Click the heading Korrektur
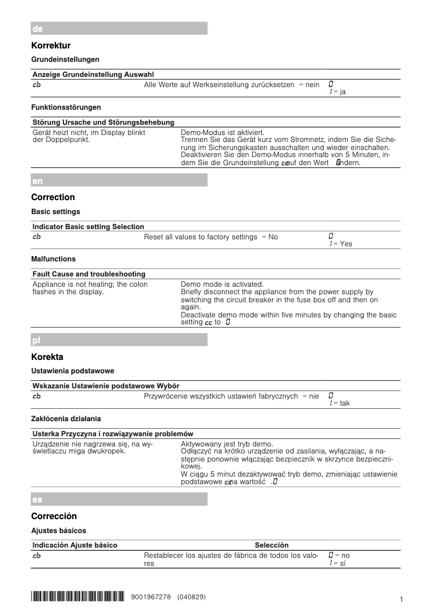coord(51,46)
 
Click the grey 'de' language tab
coord(119,29)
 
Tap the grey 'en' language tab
coord(119,180)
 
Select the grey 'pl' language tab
coord(119,340)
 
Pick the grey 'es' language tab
coord(119,499)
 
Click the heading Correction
coord(53,197)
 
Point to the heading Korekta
coord(47,357)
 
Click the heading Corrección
coord(54,516)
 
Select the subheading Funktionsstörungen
coord(66,108)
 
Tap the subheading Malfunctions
coord(53,259)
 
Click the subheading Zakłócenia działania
coord(66,419)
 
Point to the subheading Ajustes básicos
coord(59,531)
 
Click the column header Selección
coord(271,545)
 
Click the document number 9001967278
coord(151,597)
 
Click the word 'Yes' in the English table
coord(346,244)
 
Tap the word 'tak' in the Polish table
coord(345,403)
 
